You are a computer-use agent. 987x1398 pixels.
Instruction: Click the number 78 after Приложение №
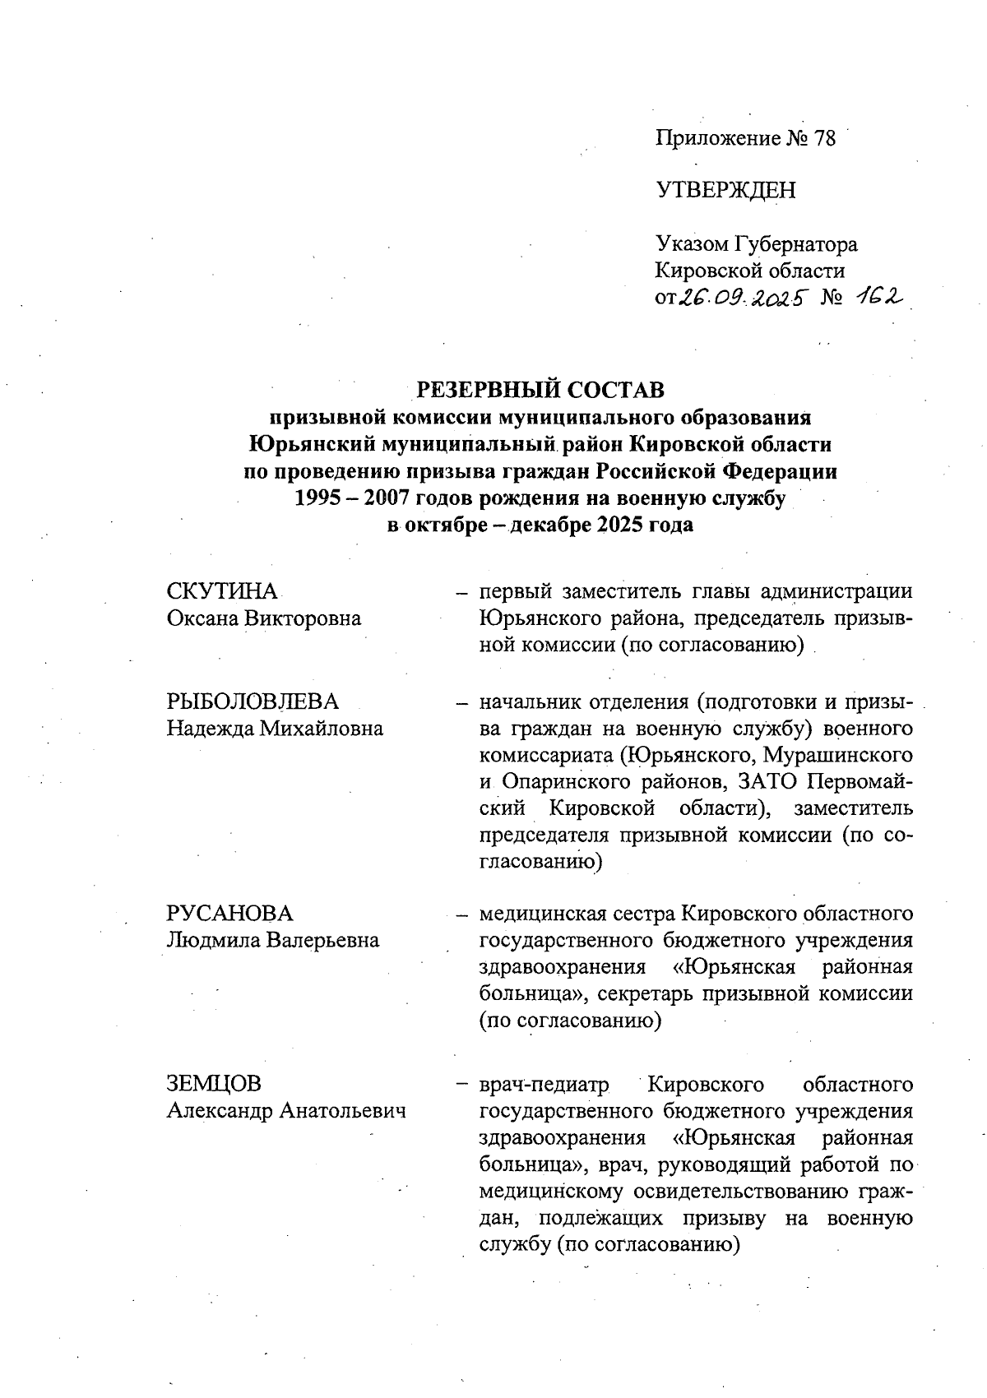coord(823,139)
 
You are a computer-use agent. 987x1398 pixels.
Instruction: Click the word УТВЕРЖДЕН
coord(725,191)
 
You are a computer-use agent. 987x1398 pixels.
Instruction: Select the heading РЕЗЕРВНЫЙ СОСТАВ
coord(540,388)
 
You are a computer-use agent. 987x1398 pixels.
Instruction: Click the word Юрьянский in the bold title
coord(311,445)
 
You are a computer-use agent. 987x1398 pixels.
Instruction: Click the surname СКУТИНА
coord(222,591)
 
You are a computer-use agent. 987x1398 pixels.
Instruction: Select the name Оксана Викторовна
coord(263,618)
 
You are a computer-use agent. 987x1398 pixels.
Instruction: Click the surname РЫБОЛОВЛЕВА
coord(253,701)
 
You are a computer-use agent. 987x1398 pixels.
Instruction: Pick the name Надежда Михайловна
coord(275,729)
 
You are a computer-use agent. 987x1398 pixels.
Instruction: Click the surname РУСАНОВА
coord(229,914)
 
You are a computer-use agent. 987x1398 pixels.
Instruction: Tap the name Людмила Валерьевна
coord(273,940)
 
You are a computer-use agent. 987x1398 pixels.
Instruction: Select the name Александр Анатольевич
coord(286,1112)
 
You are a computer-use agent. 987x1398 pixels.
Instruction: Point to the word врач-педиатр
coord(544,1086)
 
